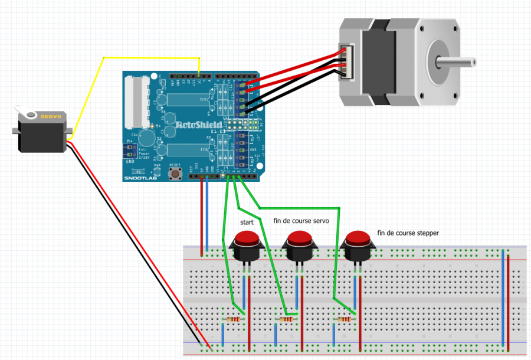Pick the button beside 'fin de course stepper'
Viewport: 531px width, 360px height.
[358, 240]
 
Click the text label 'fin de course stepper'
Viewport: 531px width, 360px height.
[408, 233]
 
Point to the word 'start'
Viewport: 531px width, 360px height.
[247, 222]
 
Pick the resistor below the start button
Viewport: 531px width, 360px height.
[234, 319]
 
